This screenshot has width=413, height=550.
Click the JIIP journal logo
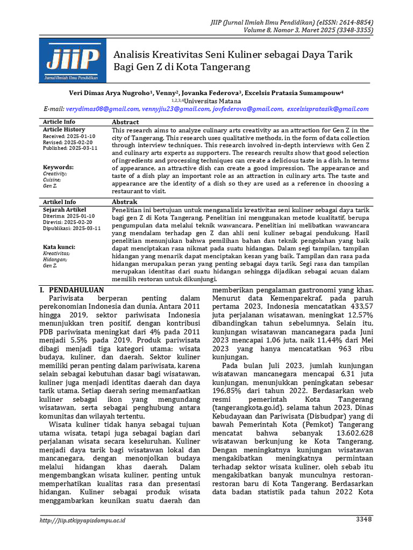coord(73,62)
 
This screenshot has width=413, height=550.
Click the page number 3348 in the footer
coord(363,519)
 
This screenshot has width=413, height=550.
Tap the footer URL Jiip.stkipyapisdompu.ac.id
coord(83,520)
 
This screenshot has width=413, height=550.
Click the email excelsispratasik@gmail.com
coord(328,109)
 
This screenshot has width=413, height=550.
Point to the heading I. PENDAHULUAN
coord(72,290)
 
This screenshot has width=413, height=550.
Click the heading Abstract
coord(125,122)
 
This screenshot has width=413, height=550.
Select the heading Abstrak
coord(124,202)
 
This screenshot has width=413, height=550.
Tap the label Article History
coord(64,129)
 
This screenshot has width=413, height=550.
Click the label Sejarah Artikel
coord(64,209)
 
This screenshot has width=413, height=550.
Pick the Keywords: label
coord(59,167)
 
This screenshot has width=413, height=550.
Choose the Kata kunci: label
coord(59,247)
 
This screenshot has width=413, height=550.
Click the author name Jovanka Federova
coord(212,93)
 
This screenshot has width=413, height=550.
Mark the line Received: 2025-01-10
coord(69,136)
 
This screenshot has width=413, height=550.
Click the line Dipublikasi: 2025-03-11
coord(72,228)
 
